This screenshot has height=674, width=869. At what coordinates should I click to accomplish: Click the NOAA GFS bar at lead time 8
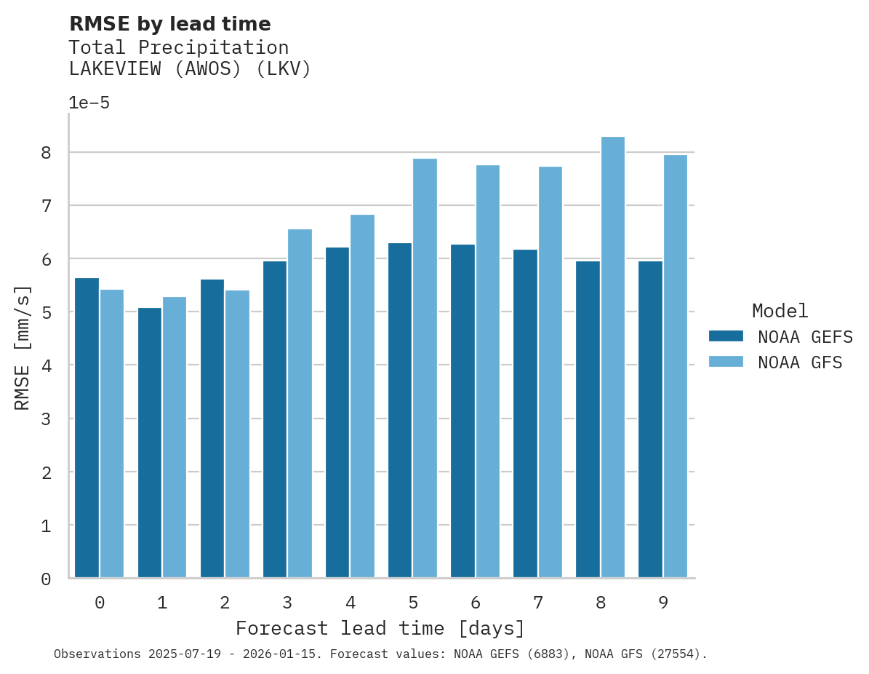(613, 357)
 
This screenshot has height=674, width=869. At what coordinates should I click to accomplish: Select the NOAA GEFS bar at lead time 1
(150, 443)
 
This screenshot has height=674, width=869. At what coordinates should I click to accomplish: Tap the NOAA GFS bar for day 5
(425, 368)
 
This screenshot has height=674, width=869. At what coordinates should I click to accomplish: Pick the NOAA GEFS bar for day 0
(87, 428)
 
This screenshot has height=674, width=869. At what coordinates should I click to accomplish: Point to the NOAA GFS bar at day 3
(300, 403)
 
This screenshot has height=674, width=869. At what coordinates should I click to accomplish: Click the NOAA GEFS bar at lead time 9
(650, 419)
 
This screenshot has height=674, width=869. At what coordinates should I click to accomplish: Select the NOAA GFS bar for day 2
(237, 434)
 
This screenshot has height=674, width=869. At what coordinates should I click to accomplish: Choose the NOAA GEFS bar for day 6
(462, 411)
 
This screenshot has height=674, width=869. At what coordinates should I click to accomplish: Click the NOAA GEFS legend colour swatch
(726, 336)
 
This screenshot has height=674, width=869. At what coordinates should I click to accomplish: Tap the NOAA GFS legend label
(800, 362)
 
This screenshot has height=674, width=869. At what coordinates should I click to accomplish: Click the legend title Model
(780, 312)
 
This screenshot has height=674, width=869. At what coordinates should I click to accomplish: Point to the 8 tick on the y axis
(46, 153)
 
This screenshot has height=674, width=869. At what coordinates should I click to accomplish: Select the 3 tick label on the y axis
(46, 419)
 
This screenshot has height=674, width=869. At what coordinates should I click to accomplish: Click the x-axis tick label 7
(538, 603)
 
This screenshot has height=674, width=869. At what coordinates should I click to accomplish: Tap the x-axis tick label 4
(351, 603)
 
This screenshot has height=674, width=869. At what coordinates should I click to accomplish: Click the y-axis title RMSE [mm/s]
(23, 348)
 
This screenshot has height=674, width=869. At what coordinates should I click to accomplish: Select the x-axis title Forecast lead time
(380, 628)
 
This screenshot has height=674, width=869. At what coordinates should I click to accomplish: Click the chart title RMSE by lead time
(169, 24)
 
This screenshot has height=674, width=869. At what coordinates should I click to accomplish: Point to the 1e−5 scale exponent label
(89, 103)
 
